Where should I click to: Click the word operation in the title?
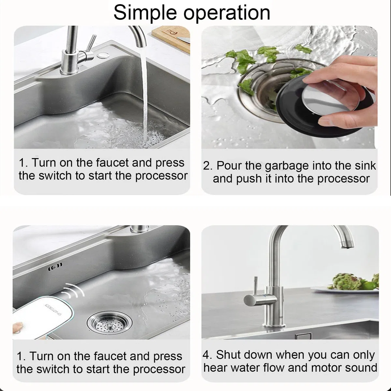(x=227, y=13)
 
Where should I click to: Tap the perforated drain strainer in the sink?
(x=109, y=323)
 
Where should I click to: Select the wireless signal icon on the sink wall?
(x=55, y=265)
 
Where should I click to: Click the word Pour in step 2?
(x=229, y=166)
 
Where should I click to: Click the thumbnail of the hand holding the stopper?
(x=289, y=87)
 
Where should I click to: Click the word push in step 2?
(x=249, y=179)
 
